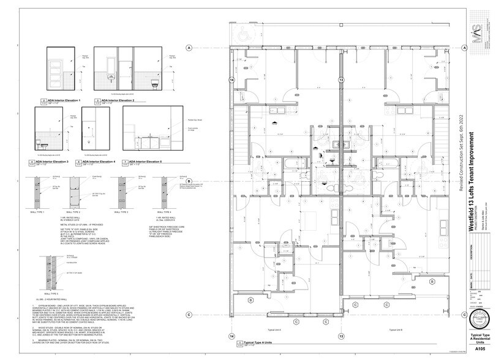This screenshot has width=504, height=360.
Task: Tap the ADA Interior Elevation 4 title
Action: pos(99,162)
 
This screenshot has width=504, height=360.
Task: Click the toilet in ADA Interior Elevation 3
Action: pos(38,142)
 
